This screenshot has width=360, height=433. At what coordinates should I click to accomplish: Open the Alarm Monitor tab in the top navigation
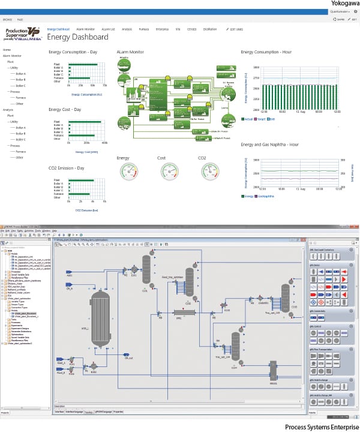coord(85,29)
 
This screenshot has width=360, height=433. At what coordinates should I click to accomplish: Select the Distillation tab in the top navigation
coord(209,29)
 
